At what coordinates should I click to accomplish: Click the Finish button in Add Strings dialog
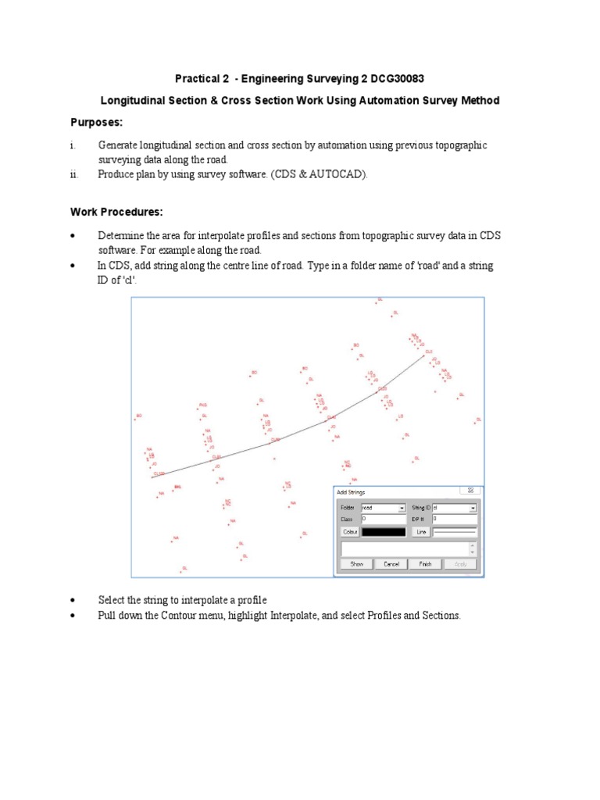click(425, 563)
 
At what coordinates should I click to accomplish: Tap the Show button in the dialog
click(356, 563)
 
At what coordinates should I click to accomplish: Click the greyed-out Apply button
click(460, 563)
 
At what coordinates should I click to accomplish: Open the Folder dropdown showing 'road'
click(383, 507)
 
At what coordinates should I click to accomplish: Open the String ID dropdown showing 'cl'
click(454, 507)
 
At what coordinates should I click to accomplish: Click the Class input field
click(383, 518)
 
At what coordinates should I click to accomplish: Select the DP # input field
click(454, 518)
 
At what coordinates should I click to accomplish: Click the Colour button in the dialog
click(350, 532)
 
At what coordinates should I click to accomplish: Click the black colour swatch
click(384, 532)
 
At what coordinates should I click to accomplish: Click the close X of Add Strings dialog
click(472, 491)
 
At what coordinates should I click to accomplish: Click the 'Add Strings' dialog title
click(351, 492)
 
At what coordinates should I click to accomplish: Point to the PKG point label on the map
click(202, 405)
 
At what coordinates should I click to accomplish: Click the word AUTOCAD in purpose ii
click(337, 174)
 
